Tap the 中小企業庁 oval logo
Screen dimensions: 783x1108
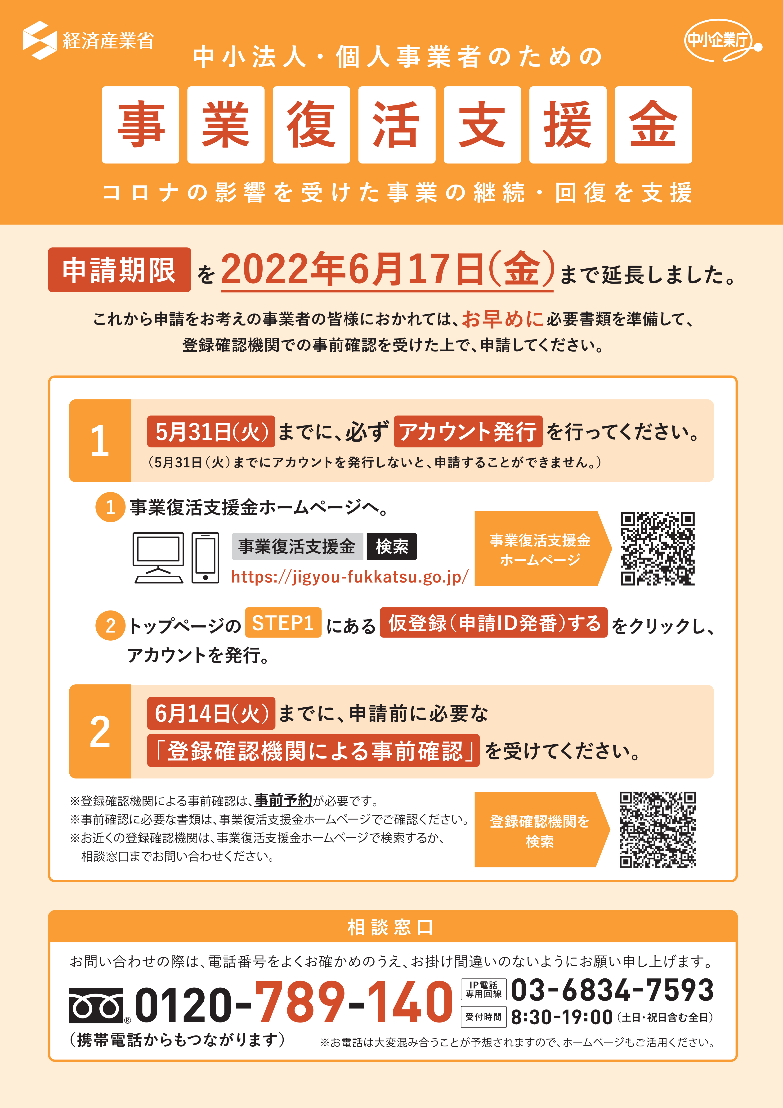click(722, 41)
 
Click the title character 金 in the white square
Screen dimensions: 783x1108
click(653, 125)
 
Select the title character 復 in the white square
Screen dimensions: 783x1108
click(311, 125)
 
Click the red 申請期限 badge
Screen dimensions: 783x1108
click(120, 270)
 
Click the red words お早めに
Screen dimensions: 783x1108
click(503, 319)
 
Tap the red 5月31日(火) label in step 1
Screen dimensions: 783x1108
click(211, 431)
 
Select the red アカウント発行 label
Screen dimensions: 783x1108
click(468, 431)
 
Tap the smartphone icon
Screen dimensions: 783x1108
click(206, 558)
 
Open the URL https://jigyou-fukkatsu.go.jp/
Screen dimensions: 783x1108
click(350, 577)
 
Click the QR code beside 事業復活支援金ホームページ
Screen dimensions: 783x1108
click(658, 549)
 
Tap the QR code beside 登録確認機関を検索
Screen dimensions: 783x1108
click(658, 830)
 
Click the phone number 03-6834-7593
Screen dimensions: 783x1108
click(612, 990)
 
